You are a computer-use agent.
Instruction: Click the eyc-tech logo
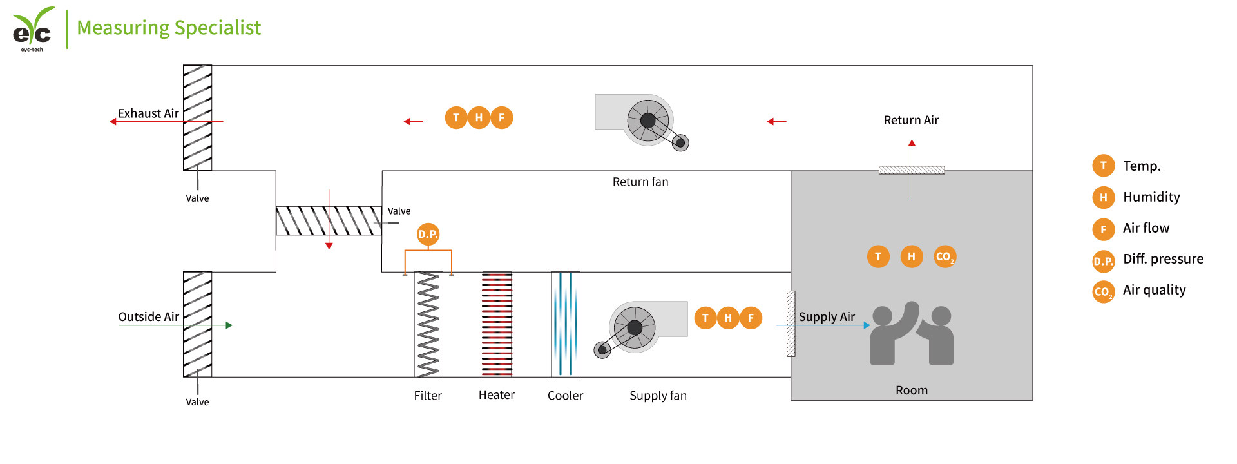point(32,28)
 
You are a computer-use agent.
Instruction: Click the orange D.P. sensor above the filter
point(428,234)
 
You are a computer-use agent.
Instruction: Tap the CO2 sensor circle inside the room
point(945,256)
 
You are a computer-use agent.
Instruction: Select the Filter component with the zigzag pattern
point(428,324)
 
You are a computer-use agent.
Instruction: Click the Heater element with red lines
point(497,324)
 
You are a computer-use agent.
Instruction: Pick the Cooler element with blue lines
point(566,324)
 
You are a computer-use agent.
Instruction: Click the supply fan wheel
point(635,327)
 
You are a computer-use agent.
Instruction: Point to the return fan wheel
point(648,121)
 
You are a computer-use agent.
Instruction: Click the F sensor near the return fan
point(502,117)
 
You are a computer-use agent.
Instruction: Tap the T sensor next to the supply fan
point(705,318)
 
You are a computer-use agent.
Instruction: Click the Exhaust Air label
point(148,113)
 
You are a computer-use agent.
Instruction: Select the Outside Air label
point(148,316)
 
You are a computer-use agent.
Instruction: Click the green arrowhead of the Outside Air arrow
point(229,325)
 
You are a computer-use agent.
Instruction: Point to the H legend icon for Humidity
point(1103,197)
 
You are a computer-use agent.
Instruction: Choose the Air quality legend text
point(1154,290)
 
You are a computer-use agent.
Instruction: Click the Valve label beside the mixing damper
point(399,211)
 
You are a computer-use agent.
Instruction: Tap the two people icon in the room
point(912,333)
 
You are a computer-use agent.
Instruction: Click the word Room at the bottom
point(911,391)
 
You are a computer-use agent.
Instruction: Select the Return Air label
point(911,120)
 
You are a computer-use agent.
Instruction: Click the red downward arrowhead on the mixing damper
point(329,246)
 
